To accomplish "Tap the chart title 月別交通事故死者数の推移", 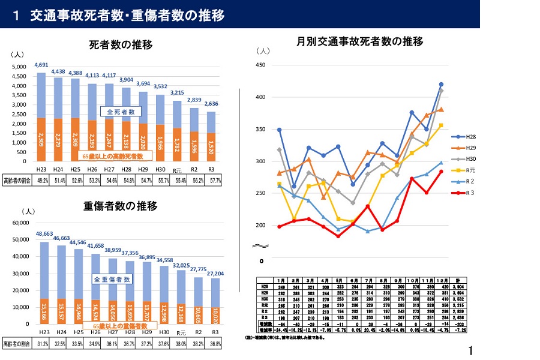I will [360, 41].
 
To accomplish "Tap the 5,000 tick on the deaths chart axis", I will [19, 67].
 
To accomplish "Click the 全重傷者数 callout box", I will [113, 280].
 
